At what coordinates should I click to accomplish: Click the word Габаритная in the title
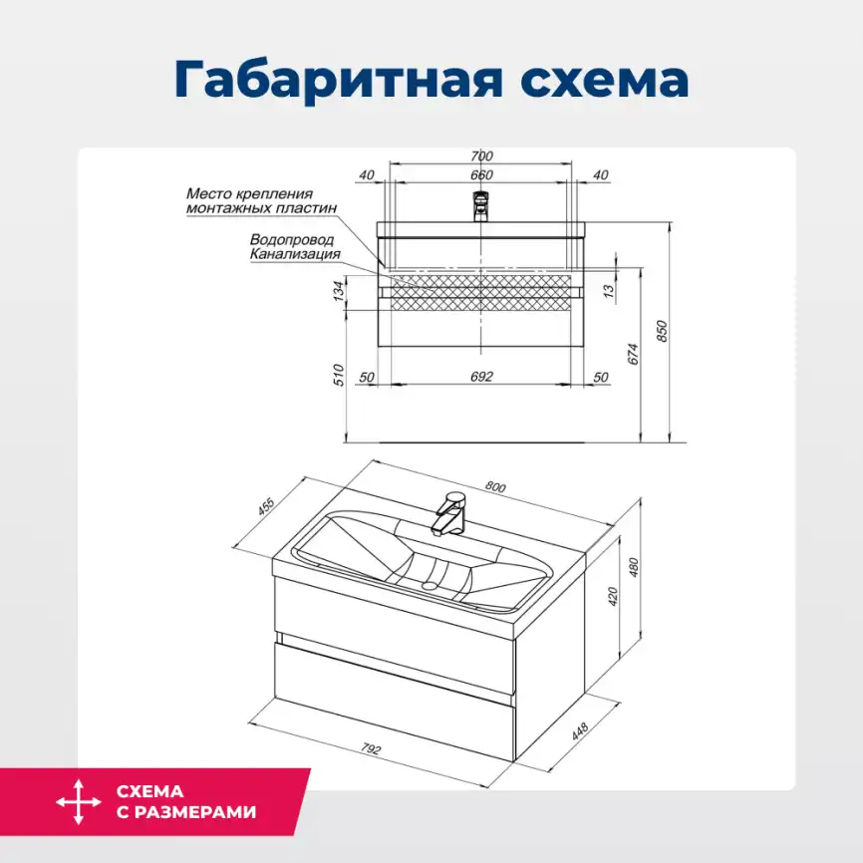pos(331,80)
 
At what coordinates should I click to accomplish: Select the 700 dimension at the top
pos(481,155)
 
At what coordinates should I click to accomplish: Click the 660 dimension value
pos(481,175)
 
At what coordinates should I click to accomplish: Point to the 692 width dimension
pos(481,377)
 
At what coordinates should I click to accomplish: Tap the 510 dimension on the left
pos(338,376)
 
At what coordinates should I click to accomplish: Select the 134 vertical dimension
pos(338,290)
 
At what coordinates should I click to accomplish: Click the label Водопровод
pos(292,240)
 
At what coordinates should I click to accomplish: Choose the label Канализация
pos(295,254)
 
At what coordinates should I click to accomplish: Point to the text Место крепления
pos(249,193)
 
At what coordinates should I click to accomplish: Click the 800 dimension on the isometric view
pos(495,487)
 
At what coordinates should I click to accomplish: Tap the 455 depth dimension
pos(266,506)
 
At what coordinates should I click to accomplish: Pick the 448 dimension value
pos(580,729)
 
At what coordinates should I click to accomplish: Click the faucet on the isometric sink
pos(449,512)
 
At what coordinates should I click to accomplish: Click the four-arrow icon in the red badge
pos(79,802)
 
